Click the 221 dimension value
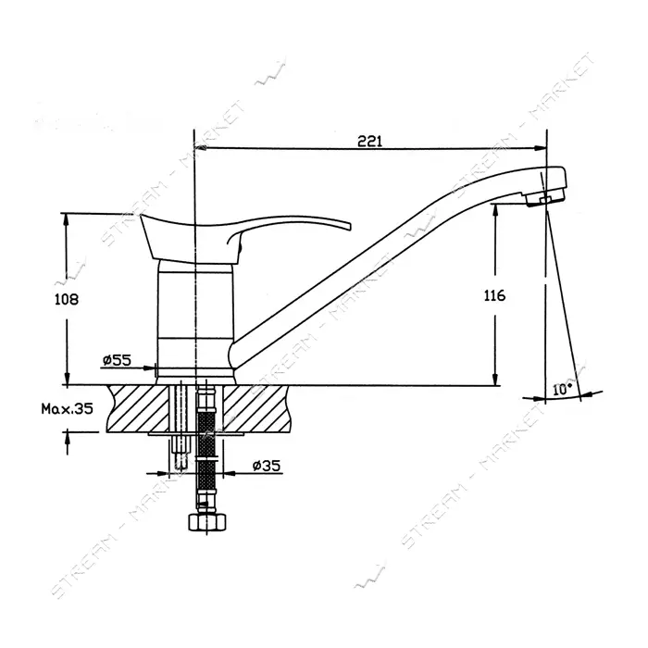pyautogui.click(x=370, y=142)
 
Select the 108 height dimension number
pyautogui.click(x=67, y=299)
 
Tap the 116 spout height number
pyautogui.click(x=494, y=295)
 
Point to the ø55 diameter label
pyautogui.click(x=117, y=360)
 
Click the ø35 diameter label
pyautogui.click(x=267, y=466)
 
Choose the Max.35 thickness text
pyautogui.click(x=68, y=409)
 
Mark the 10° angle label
pyautogui.click(x=563, y=389)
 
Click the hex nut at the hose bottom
pyautogui.click(x=207, y=521)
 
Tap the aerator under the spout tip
pyautogui.click(x=545, y=199)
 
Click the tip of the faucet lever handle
pyautogui.click(x=350, y=226)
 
